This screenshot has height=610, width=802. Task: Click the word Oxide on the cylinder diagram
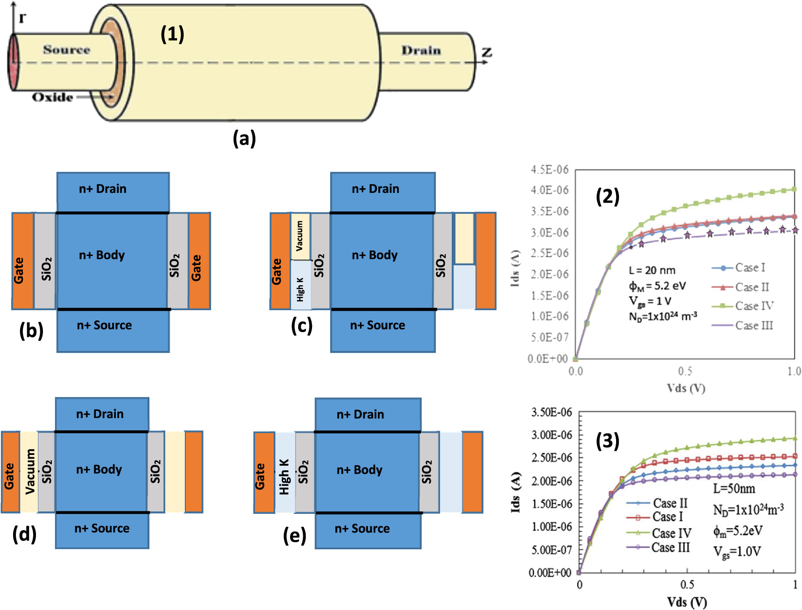pos(52,97)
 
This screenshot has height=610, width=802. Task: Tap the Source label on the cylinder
pos(66,50)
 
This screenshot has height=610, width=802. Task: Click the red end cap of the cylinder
pos(13,62)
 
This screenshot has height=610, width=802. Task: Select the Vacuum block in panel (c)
pos(300,236)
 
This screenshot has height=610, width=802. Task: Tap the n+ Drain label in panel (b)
pos(103,189)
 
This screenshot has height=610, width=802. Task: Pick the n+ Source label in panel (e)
pos(362,528)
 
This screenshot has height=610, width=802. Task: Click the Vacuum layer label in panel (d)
pos(30,471)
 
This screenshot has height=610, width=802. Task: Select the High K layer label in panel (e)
pos(284,476)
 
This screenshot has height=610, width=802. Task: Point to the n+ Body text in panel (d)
pos(99,469)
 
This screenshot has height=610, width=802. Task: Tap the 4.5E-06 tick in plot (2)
pos(549,170)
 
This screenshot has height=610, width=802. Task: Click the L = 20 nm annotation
pos(652,270)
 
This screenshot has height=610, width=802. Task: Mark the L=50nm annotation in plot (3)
pos(734,489)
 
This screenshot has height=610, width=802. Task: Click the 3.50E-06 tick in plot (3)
pos(551,412)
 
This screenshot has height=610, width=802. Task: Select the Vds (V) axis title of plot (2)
pos(686,388)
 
